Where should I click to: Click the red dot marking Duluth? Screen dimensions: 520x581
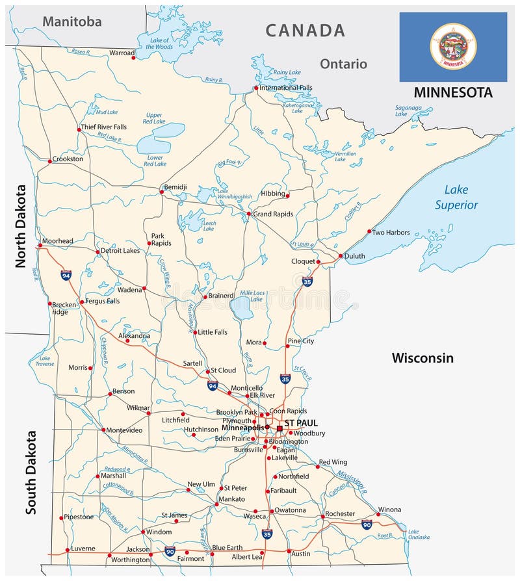[340, 256]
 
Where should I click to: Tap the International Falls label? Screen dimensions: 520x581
[286, 88]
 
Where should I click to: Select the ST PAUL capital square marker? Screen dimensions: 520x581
[279, 428]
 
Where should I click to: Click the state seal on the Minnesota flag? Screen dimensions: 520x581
[453, 46]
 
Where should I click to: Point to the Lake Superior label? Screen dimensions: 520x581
[456, 198]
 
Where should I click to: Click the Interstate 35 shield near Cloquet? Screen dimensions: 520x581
[307, 281]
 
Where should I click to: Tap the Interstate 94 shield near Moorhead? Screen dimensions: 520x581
[66, 275]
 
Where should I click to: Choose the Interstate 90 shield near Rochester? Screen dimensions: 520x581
[367, 524]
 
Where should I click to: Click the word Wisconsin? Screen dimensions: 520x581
[422, 358]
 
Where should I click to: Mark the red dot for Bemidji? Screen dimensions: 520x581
[162, 192]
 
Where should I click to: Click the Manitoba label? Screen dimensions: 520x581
[72, 21]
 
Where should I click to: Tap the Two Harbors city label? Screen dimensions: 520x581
[391, 232]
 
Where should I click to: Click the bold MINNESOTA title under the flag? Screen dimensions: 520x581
[453, 92]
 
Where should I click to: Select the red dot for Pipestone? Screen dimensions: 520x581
[62, 518]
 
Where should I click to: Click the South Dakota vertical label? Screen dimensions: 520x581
[31, 472]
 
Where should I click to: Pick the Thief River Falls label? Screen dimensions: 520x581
[103, 127]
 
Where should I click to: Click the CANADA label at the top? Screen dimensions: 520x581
[305, 30]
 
